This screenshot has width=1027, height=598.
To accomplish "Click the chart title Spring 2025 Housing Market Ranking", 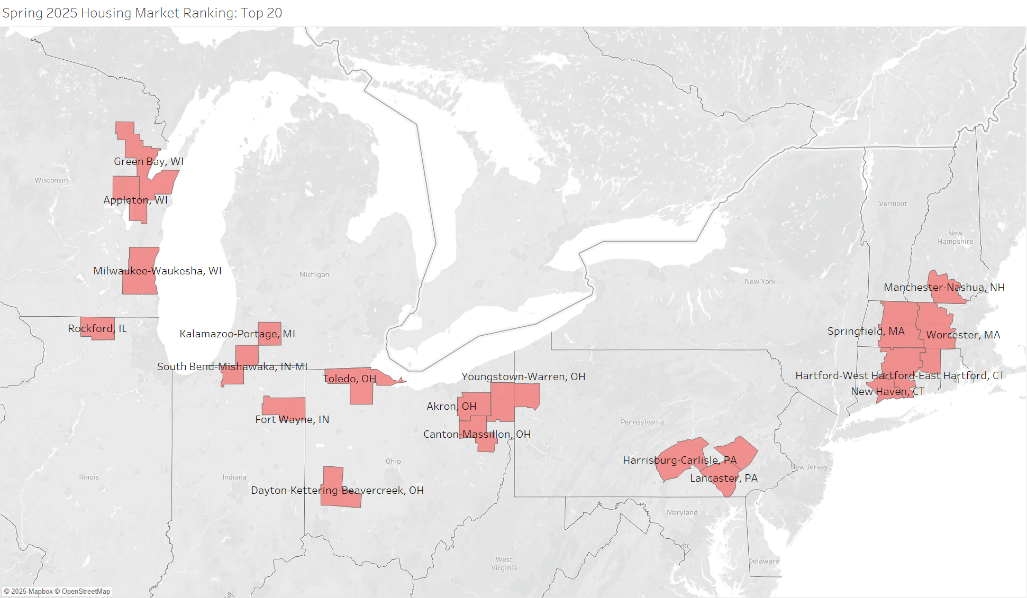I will click(142, 13).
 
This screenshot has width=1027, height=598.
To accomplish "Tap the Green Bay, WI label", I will click(149, 161).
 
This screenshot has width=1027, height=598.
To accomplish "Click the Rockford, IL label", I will click(97, 328).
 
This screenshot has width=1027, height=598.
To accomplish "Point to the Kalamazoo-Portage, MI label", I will click(237, 334).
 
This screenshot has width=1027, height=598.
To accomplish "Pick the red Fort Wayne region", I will click(283, 406).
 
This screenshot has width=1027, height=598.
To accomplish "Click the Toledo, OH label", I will click(349, 379).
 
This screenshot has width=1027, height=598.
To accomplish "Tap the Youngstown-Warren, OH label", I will click(523, 376).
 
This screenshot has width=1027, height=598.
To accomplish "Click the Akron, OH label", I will click(451, 406).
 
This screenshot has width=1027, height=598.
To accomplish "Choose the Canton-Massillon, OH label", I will click(477, 434).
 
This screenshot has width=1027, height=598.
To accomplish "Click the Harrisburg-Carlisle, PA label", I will click(679, 460).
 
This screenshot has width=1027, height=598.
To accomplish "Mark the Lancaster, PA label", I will click(723, 478).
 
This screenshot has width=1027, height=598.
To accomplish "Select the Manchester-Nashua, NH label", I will click(944, 287).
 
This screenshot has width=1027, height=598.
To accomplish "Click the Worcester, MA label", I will click(963, 335).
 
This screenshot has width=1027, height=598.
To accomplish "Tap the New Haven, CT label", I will click(887, 391).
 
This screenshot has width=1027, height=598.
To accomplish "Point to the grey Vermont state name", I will click(893, 204).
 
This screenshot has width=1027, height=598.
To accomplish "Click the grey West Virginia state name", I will click(504, 564).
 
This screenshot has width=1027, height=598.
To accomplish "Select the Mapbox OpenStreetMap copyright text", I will click(57, 591).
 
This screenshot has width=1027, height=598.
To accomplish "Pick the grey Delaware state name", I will click(764, 561).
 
